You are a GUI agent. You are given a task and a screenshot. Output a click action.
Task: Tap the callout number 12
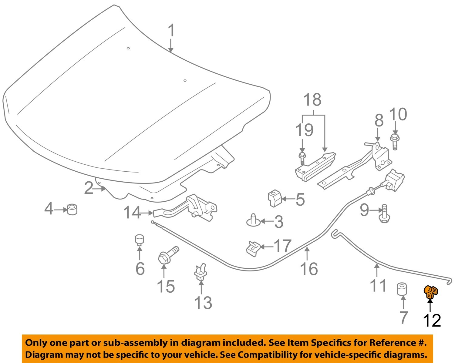point(432,320)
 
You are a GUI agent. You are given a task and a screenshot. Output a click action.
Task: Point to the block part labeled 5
point(275,198)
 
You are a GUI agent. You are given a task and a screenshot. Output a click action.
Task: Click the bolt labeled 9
point(384,214)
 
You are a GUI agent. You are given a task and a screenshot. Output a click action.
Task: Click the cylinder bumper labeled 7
point(403,289)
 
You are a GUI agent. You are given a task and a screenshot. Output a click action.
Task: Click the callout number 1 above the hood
point(171,31)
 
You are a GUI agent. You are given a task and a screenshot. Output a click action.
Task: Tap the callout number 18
point(312,100)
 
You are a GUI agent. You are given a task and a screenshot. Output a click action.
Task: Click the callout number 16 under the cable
point(309,269)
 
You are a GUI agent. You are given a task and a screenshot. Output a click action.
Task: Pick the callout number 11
point(378,285)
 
